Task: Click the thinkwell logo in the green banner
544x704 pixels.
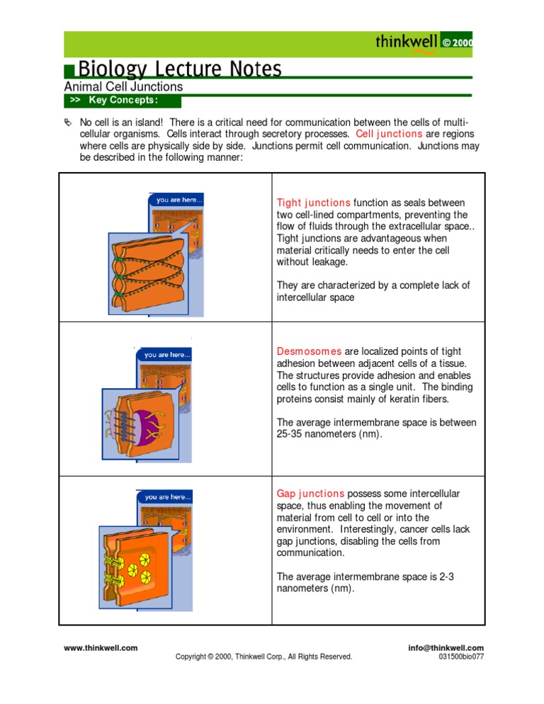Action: click(407, 42)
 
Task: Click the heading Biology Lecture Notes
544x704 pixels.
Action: click(179, 69)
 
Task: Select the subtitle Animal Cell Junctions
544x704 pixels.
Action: click(123, 87)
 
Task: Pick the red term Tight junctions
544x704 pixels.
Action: click(313, 203)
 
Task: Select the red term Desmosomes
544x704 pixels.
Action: click(309, 351)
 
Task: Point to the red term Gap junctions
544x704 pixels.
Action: click(310, 494)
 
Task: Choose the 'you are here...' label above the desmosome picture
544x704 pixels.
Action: click(167, 354)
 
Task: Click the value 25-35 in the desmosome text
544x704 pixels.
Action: click(292, 435)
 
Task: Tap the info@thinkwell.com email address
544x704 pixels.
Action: click(446, 647)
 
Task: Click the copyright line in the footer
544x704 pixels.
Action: click(264, 657)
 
